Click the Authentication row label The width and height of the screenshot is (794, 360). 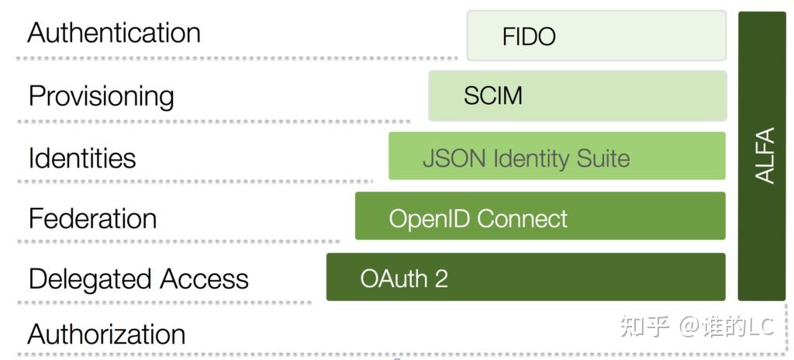pyautogui.click(x=114, y=33)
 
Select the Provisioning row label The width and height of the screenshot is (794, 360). pyautogui.click(x=101, y=96)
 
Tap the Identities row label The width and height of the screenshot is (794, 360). pyautogui.click(x=81, y=158)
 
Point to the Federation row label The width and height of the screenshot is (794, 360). pyautogui.click(x=92, y=218)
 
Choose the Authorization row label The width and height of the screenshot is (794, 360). pyautogui.click(x=106, y=334)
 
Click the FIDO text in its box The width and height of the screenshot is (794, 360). pyautogui.click(x=529, y=36)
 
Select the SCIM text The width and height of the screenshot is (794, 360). pyautogui.click(x=493, y=96)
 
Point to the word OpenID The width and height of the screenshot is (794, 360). pyautogui.click(x=430, y=219)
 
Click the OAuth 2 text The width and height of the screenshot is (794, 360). pyautogui.click(x=404, y=279)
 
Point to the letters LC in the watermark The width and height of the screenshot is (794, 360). pyautogui.click(x=760, y=327)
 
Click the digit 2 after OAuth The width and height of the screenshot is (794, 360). pyautogui.click(x=441, y=279)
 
